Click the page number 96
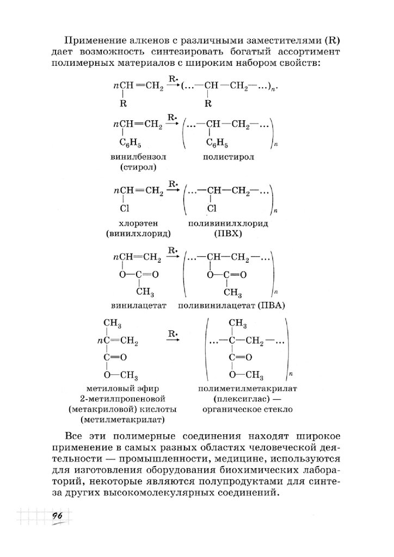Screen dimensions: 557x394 coord(57,517)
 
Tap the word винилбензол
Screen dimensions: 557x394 coord(137,157)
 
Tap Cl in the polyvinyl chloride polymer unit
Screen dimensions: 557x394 coord(212,208)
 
